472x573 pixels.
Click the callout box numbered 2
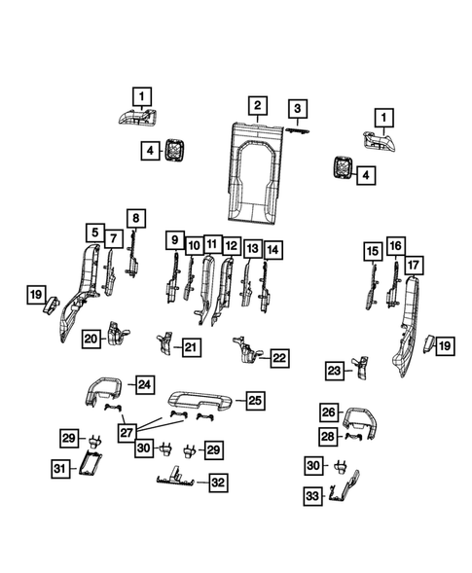pos(257,105)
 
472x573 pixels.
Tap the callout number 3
pos(297,108)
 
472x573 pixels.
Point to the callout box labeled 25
pos(254,400)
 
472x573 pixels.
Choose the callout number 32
pos(218,483)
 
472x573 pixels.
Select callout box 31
pos(59,469)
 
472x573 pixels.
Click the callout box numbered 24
pos(144,384)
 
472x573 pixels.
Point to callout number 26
pos(328,412)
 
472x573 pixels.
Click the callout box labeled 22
pos(279,358)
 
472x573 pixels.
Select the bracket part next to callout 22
pos(246,350)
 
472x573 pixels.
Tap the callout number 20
pos(91,338)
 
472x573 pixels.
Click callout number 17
pos(413,266)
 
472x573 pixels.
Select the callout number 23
pos(334,371)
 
